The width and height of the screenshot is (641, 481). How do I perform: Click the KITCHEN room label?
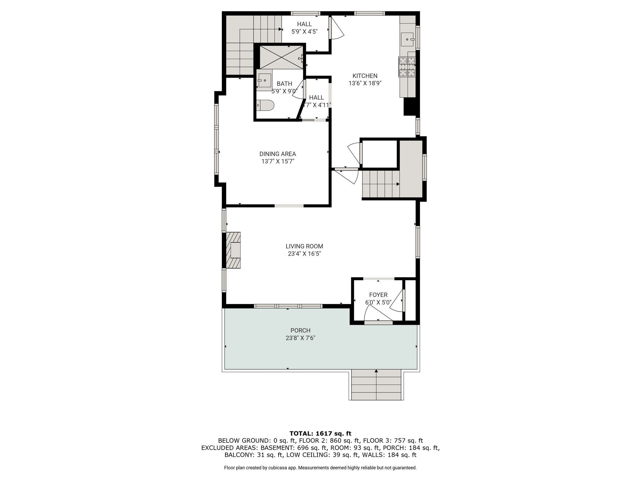365,76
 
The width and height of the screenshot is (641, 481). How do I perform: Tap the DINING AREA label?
278,154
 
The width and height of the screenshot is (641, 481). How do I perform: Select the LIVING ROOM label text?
304,246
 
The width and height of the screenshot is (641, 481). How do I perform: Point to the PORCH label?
300,330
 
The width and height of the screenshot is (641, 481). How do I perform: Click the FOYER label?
378,295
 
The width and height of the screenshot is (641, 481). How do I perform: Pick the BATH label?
285,84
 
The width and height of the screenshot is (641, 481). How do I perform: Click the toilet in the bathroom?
265,105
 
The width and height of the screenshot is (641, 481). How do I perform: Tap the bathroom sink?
264,80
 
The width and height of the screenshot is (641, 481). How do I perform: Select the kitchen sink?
408,39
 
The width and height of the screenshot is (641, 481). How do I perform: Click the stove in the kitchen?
407,67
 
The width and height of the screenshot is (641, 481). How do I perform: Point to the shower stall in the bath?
281,57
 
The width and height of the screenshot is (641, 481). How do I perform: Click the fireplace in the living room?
233,250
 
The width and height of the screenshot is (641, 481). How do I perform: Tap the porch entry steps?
376,385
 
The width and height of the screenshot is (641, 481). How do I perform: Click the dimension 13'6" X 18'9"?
365,83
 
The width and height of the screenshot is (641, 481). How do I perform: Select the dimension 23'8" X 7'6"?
300,338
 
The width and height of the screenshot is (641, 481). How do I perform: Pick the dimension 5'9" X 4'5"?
305,32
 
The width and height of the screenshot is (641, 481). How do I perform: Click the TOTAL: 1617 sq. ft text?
320,434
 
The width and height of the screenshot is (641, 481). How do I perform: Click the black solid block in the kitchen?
410,107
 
